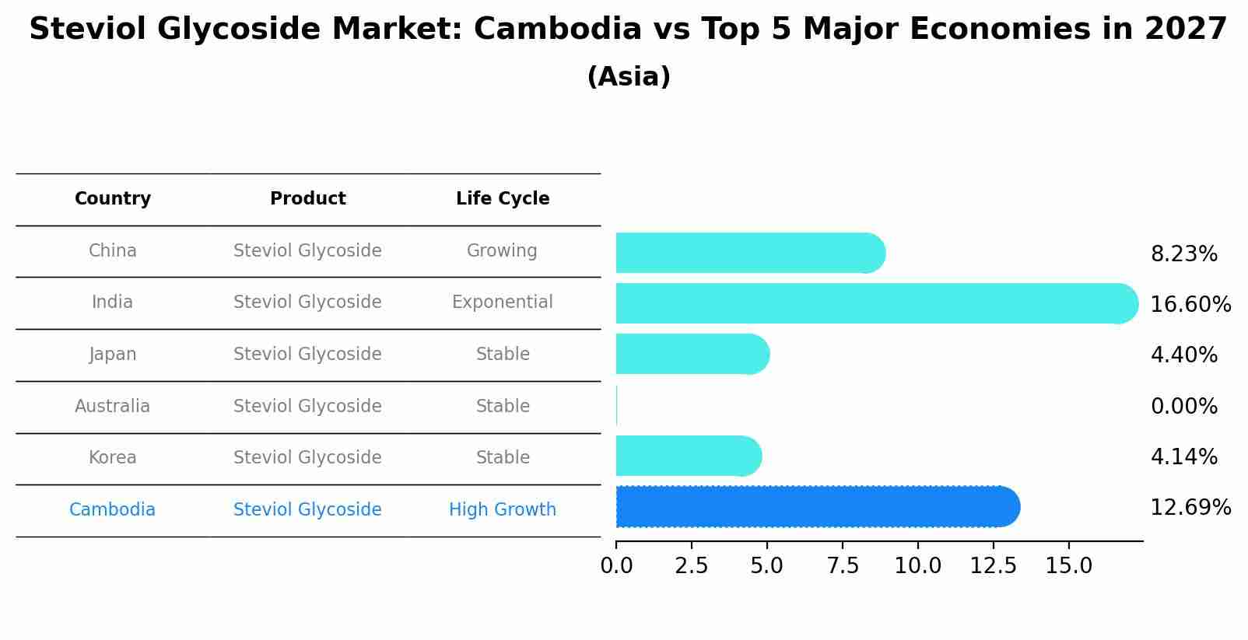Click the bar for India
point(871,303)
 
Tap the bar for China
point(747,253)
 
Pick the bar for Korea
point(685,456)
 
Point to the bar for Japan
point(689,354)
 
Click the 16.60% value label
point(1190,305)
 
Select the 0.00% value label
point(1184,407)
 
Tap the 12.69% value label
point(1190,508)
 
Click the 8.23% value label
point(1184,254)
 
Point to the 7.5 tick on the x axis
point(843,565)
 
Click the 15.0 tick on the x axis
point(1069,565)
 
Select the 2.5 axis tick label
point(692,565)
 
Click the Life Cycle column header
point(503,199)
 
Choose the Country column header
point(113,199)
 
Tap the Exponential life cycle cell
point(503,303)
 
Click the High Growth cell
point(503,510)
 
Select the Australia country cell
point(113,407)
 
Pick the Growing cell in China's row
point(502,251)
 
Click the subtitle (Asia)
point(629,77)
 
